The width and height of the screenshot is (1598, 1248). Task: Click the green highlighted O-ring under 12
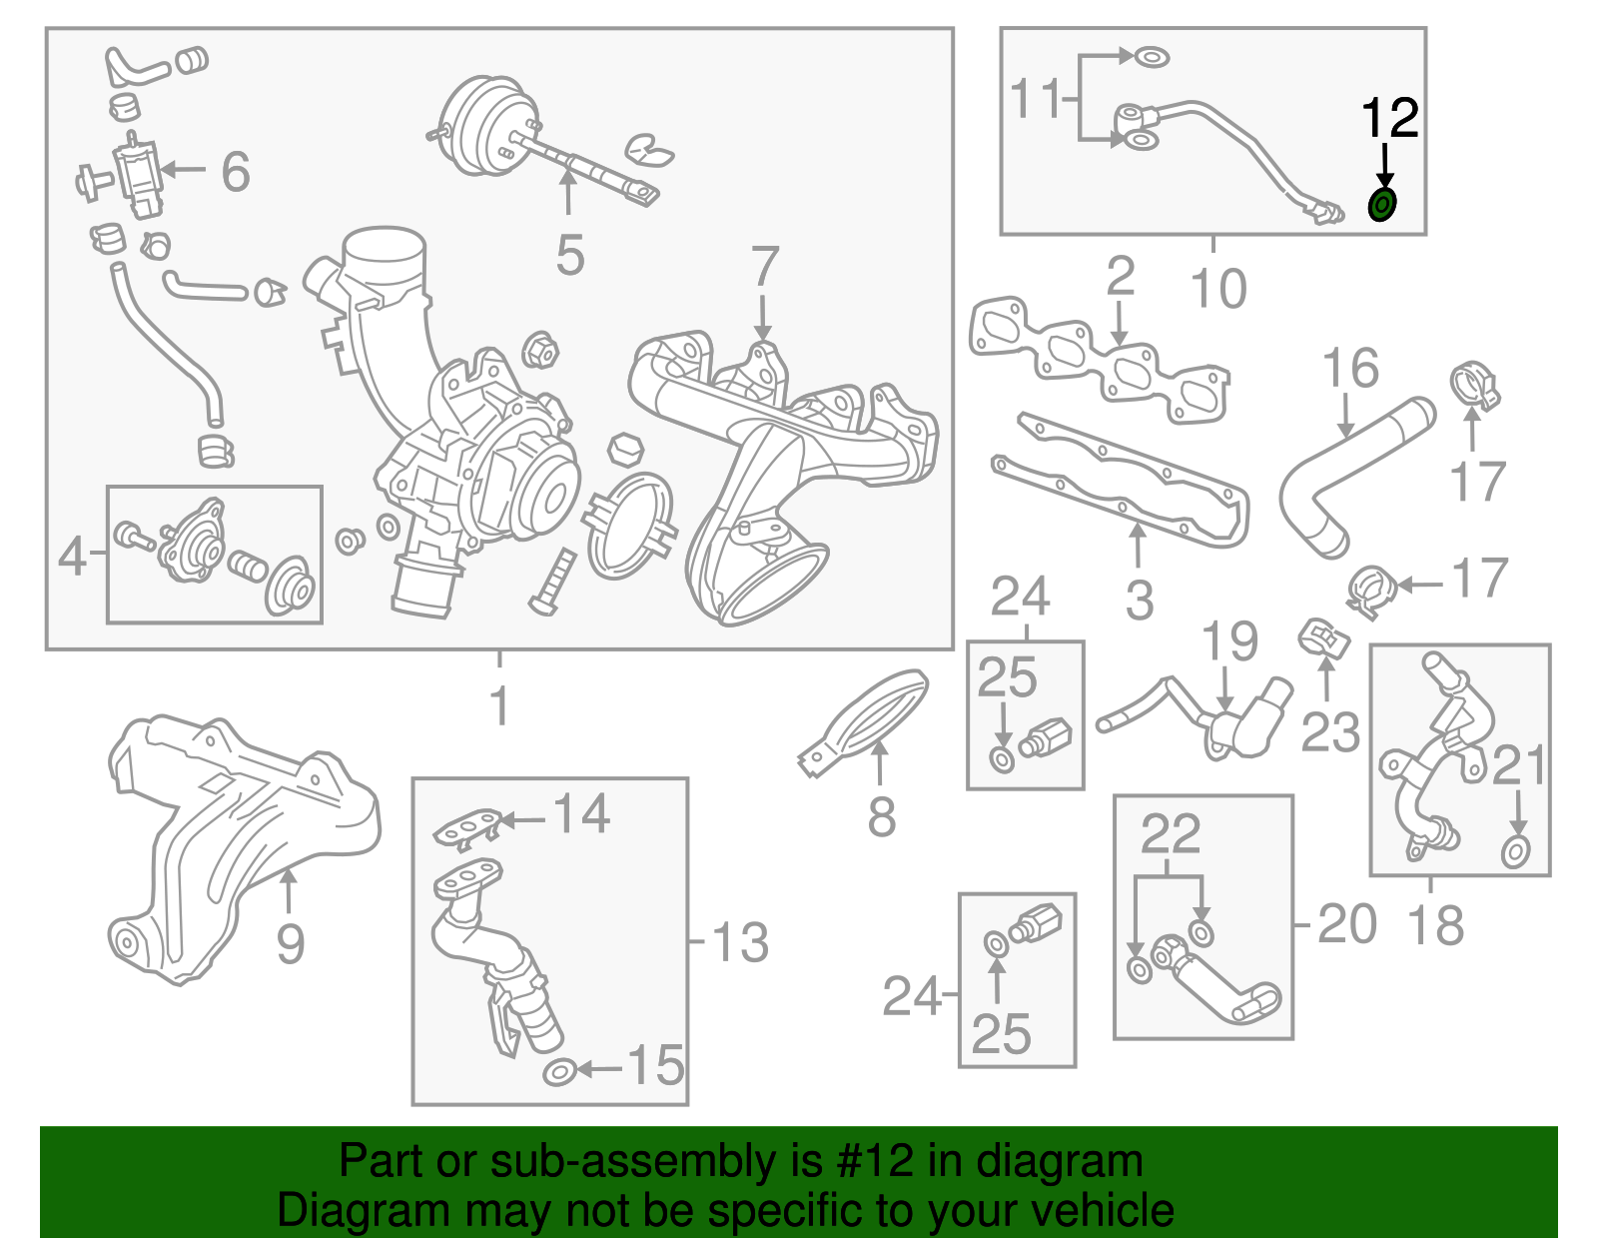(x=1382, y=205)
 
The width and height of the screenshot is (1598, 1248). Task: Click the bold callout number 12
(x=1390, y=118)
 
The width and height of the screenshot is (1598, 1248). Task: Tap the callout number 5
(x=570, y=256)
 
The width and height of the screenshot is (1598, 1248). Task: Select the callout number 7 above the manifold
(x=765, y=266)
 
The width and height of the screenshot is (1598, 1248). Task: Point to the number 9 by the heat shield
(x=291, y=944)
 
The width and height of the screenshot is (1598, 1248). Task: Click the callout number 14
(x=581, y=813)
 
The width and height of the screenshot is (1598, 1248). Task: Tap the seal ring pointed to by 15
(x=559, y=1073)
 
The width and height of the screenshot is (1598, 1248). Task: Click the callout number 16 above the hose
(x=1350, y=368)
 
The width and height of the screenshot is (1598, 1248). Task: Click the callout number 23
(x=1330, y=732)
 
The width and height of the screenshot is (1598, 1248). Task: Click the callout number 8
(x=882, y=816)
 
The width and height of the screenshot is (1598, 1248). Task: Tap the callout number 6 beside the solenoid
(x=236, y=172)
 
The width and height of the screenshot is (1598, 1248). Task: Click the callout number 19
(x=1229, y=641)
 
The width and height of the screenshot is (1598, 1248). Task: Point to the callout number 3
(x=1140, y=601)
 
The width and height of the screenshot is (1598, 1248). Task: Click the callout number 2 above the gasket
(x=1120, y=277)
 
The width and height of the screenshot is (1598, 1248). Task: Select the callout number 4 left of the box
(x=73, y=557)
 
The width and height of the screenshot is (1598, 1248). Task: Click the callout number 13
(x=740, y=942)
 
